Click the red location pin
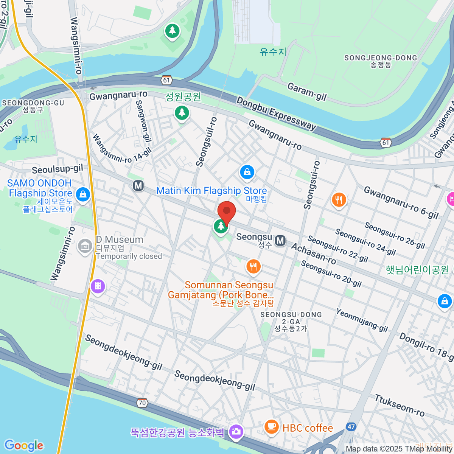pyautogui.click(x=227, y=212)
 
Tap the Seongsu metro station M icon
pyautogui.click(x=280, y=241)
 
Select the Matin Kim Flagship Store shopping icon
pyautogui.click(x=247, y=173)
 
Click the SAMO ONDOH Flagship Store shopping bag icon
pyautogui.click(x=82, y=195)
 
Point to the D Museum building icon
pyautogui.click(x=85, y=246)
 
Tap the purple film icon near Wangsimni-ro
pyautogui.click(x=98, y=286)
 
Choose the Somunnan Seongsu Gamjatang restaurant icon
pyautogui.click(x=253, y=267)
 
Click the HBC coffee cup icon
pyautogui.click(x=271, y=427)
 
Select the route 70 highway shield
pyautogui.click(x=142, y=403)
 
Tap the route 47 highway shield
pyautogui.click(x=351, y=427)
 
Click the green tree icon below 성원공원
pyautogui.click(x=182, y=113)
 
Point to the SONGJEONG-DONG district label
pyautogui.click(x=381, y=58)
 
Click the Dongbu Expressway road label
pyautogui.click(x=276, y=113)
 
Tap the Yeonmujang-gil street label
pyautogui.click(x=362, y=320)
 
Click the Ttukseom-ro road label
pyautogui.click(x=400, y=405)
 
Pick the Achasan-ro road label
pyautogui.click(x=313, y=254)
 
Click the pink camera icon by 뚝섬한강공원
pyautogui.click(x=236, y=432)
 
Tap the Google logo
pyautogui.click(x=24, y=445)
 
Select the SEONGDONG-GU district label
pyautogui.click(x=33, y=103)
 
